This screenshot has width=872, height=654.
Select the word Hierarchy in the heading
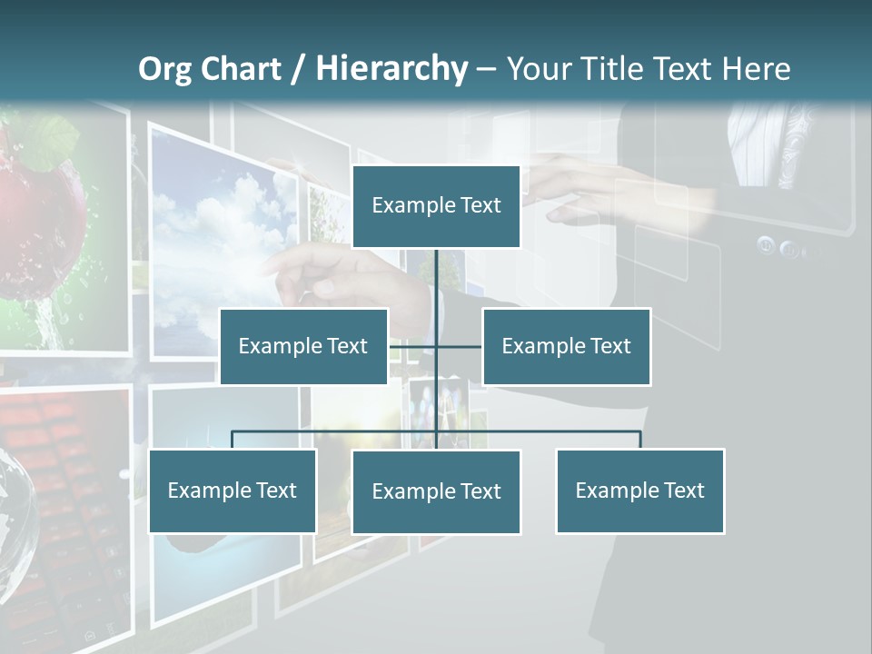tap(391, 69)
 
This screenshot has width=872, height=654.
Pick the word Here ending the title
tap(756, 69)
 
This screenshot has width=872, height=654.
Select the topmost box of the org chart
tap(436, 206)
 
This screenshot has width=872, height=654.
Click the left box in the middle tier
tap(303, 346)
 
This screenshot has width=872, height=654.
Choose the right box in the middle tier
tap(566, 346)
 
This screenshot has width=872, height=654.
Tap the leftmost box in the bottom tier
tap(233, 490)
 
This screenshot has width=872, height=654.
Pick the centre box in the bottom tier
tap(436, 491)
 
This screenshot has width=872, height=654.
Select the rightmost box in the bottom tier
tap(639, 490)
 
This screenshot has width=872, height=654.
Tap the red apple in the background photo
tap(41, 218)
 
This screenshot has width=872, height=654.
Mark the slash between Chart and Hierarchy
tap(297, 69)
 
